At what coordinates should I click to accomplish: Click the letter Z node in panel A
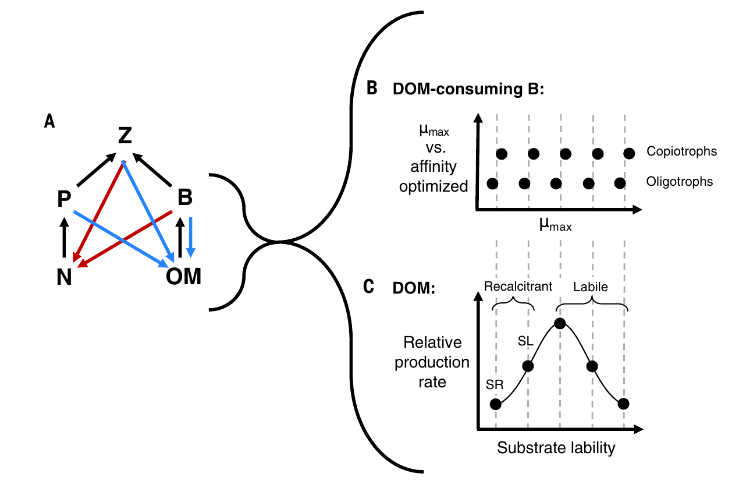pos(125,135)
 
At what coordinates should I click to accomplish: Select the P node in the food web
pos(64,199)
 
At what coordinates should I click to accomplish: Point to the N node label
pos(64,277)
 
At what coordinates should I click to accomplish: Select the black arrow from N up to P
pos(64,238)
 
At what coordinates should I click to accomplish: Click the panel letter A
pos(49,121)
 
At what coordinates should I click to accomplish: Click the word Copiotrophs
pos(681,151)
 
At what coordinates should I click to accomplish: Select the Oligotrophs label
pos(679,182)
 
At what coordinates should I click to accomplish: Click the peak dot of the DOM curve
pos(560,324)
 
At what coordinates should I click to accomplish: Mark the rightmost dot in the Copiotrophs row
pos(628,154)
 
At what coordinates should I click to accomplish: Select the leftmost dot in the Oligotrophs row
pos(492,183)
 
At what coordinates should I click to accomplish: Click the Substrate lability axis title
pos(556,448)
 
